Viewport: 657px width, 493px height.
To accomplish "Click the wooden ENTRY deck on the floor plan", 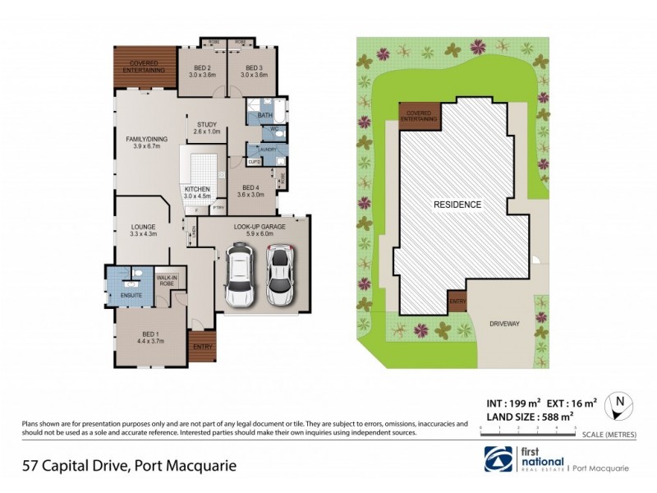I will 202,345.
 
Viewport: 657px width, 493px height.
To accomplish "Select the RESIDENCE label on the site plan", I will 457,203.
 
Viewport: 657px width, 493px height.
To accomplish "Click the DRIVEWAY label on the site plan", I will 504,324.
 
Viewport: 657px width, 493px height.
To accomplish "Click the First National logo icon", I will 494,458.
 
